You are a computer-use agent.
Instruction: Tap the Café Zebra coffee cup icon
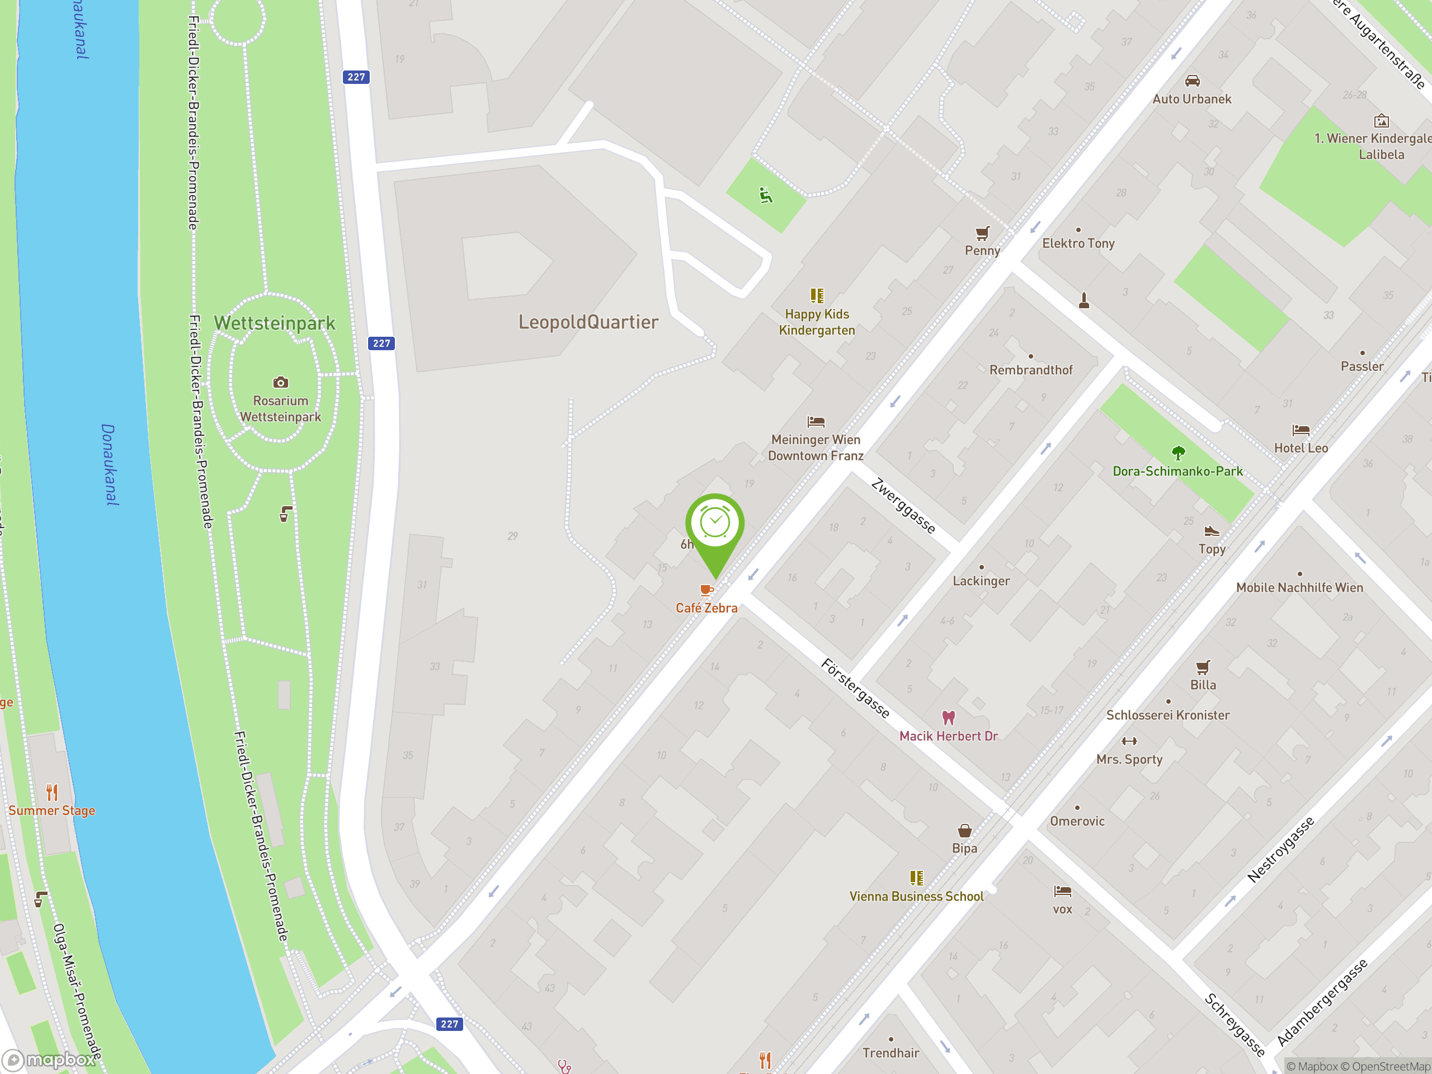706,590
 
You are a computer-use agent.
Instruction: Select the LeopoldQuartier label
588,322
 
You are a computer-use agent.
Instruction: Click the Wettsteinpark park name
275,323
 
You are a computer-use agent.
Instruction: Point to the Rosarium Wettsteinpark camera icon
280,382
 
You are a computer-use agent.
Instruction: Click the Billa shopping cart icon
1203,667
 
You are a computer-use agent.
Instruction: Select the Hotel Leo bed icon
1301,430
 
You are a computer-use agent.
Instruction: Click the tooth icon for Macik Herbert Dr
948,717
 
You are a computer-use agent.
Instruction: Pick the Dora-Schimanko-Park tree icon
1178,453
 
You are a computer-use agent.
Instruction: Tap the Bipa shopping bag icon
964,831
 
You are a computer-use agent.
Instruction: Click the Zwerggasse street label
903,506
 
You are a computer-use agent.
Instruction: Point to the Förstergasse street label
855,688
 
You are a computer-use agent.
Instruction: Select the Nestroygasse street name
1280,849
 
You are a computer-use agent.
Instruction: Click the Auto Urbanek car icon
1192,81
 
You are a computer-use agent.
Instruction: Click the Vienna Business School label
916,897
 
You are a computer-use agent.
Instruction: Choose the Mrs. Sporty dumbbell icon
1129,741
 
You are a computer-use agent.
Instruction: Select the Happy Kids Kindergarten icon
817,296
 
